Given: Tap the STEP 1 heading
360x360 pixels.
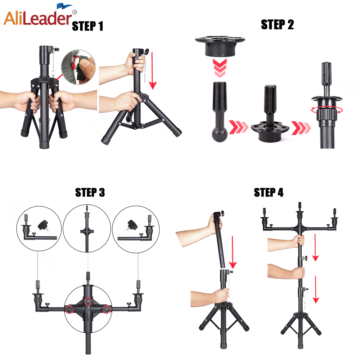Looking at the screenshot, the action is click(x=87, y=26).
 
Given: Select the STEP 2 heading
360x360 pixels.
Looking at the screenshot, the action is click(x=277, y=24).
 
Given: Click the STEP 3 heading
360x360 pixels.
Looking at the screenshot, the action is click(x=90, y=192).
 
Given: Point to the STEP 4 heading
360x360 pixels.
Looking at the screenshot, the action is click(x=269, y=192).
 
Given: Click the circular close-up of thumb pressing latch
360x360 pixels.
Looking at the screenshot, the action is click(x=78, y=67).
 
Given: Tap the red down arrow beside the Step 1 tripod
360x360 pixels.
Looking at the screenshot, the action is click(x=152, y=71).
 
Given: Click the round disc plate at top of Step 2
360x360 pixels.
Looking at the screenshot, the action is click(x=220, y=46).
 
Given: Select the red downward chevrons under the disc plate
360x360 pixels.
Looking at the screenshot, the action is click(x=220, y=68).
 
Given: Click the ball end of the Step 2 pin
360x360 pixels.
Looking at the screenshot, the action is click(x=220, y=134).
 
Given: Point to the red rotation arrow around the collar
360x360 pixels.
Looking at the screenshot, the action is click(x=327, y=110).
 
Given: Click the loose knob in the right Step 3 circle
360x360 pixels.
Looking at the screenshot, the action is click(x=132, y=225).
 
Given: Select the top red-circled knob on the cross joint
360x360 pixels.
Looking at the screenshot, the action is click(x=88, y=301).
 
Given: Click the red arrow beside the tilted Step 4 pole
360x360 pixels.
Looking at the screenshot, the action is click(x=233, y=252).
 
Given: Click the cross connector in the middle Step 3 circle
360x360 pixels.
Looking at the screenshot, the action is click(x=87, y=231).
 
